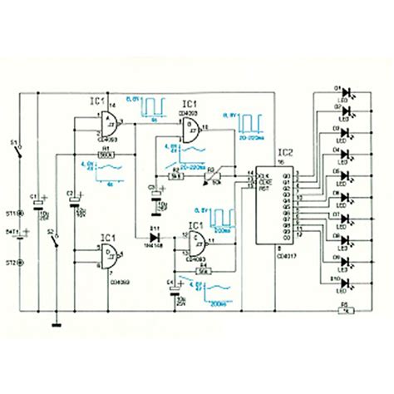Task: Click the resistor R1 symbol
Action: pos(106,154)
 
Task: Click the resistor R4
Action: pos(204,270)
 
